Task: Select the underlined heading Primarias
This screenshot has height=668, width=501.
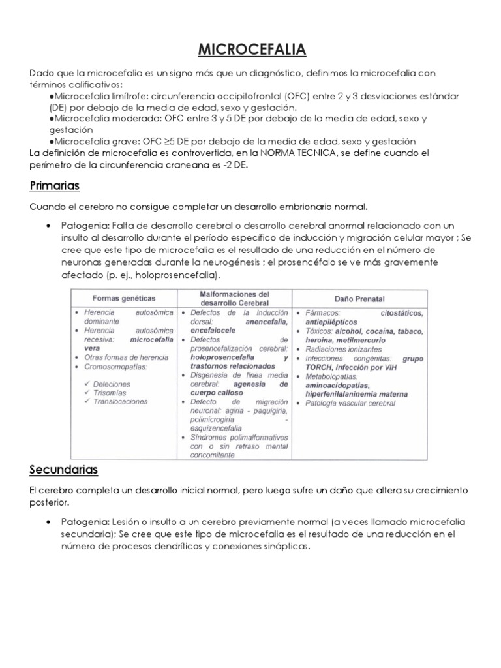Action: click(x=54, y=186)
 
